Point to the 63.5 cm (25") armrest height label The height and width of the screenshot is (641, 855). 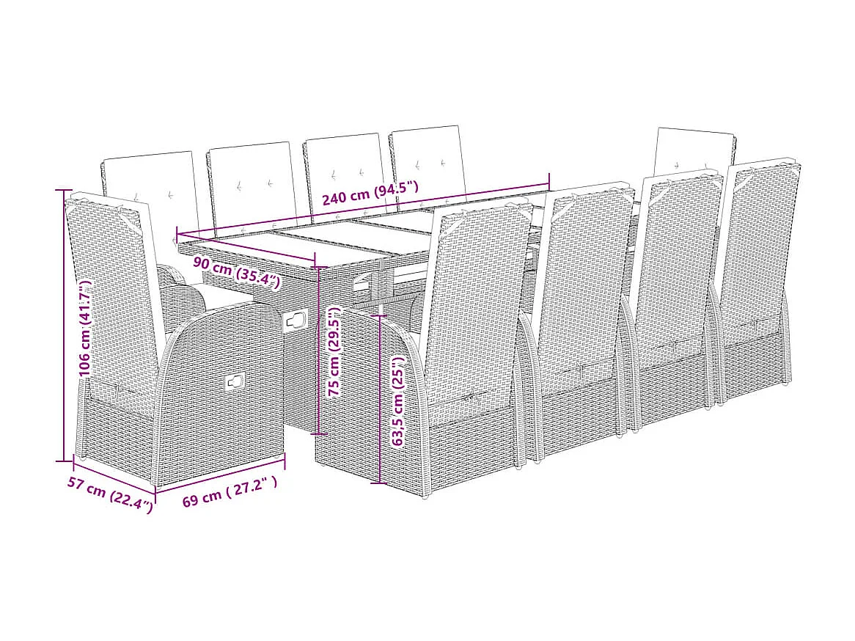coord(397,402)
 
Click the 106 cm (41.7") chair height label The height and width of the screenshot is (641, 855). coord(85,328)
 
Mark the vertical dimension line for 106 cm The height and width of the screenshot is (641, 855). coord(62,326)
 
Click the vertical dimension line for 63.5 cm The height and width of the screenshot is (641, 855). coord(379,400)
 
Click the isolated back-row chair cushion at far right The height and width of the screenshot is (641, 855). coord(694,149)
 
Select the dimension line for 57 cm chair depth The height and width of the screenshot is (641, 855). coord(114,475)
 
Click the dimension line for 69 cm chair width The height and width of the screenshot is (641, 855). coord(220,473)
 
